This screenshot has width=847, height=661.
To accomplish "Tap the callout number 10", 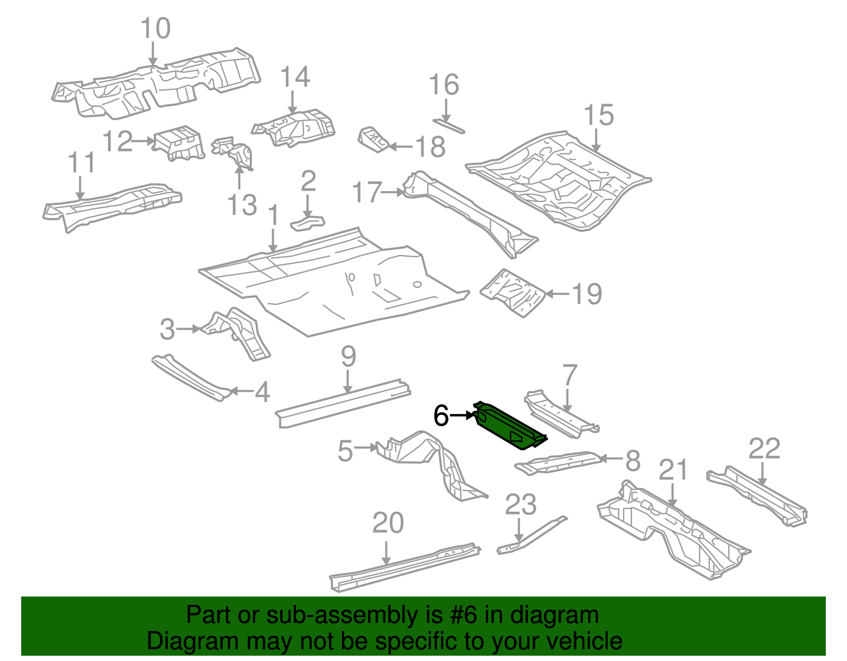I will (156, 29).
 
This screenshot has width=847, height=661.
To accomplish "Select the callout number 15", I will (599, 115).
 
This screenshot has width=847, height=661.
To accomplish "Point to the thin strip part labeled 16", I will (449, 125).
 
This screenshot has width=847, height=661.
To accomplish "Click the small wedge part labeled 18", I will (374, 140).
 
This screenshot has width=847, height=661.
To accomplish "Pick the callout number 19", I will (587, 294).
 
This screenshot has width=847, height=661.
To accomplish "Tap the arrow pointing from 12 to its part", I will (143, 141).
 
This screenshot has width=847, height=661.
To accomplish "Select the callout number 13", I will (242, 205).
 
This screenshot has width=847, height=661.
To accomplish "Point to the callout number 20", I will (388, 523).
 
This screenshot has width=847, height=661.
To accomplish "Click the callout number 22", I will (764, 449).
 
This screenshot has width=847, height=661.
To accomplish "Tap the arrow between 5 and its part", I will (366, 448).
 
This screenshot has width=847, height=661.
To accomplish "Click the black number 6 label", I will (441, 416).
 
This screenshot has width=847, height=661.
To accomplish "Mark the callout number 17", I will (367, 192).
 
